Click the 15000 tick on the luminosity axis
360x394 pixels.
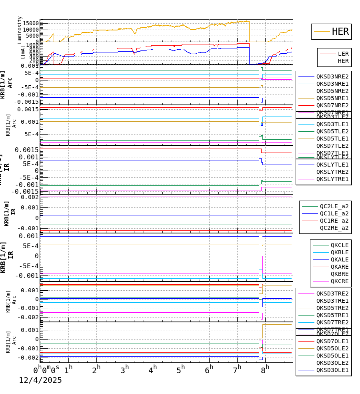[x=30, y=23]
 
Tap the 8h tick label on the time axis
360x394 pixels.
[x=265, y=369]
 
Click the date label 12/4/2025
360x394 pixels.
[x=40, y=380]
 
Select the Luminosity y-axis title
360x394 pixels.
[x=20, y=30]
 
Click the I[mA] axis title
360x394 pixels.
[x=23, y=52]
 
